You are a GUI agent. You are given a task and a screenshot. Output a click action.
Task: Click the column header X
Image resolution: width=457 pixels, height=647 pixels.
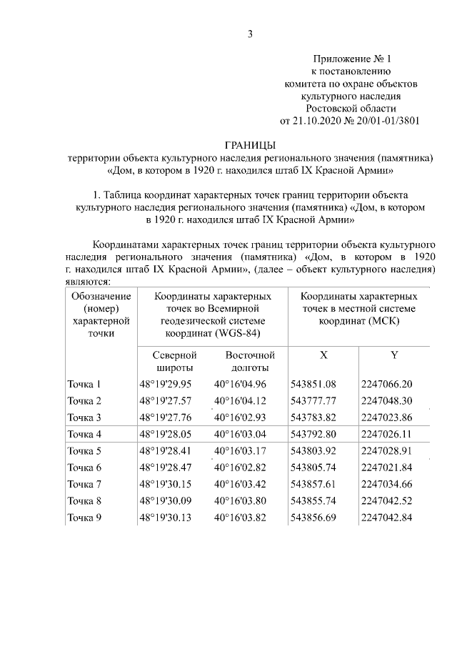tap(323, 355)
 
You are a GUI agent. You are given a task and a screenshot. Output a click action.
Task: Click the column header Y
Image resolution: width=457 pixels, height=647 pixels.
tap(394, 355)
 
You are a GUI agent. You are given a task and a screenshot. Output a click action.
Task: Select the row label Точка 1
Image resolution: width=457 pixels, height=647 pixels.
tap(84, 384)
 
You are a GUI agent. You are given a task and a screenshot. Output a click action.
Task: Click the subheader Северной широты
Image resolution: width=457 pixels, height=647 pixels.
tap(175, 361)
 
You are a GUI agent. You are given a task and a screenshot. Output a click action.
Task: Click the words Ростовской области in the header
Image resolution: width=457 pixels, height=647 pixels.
tap(350, 107)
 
